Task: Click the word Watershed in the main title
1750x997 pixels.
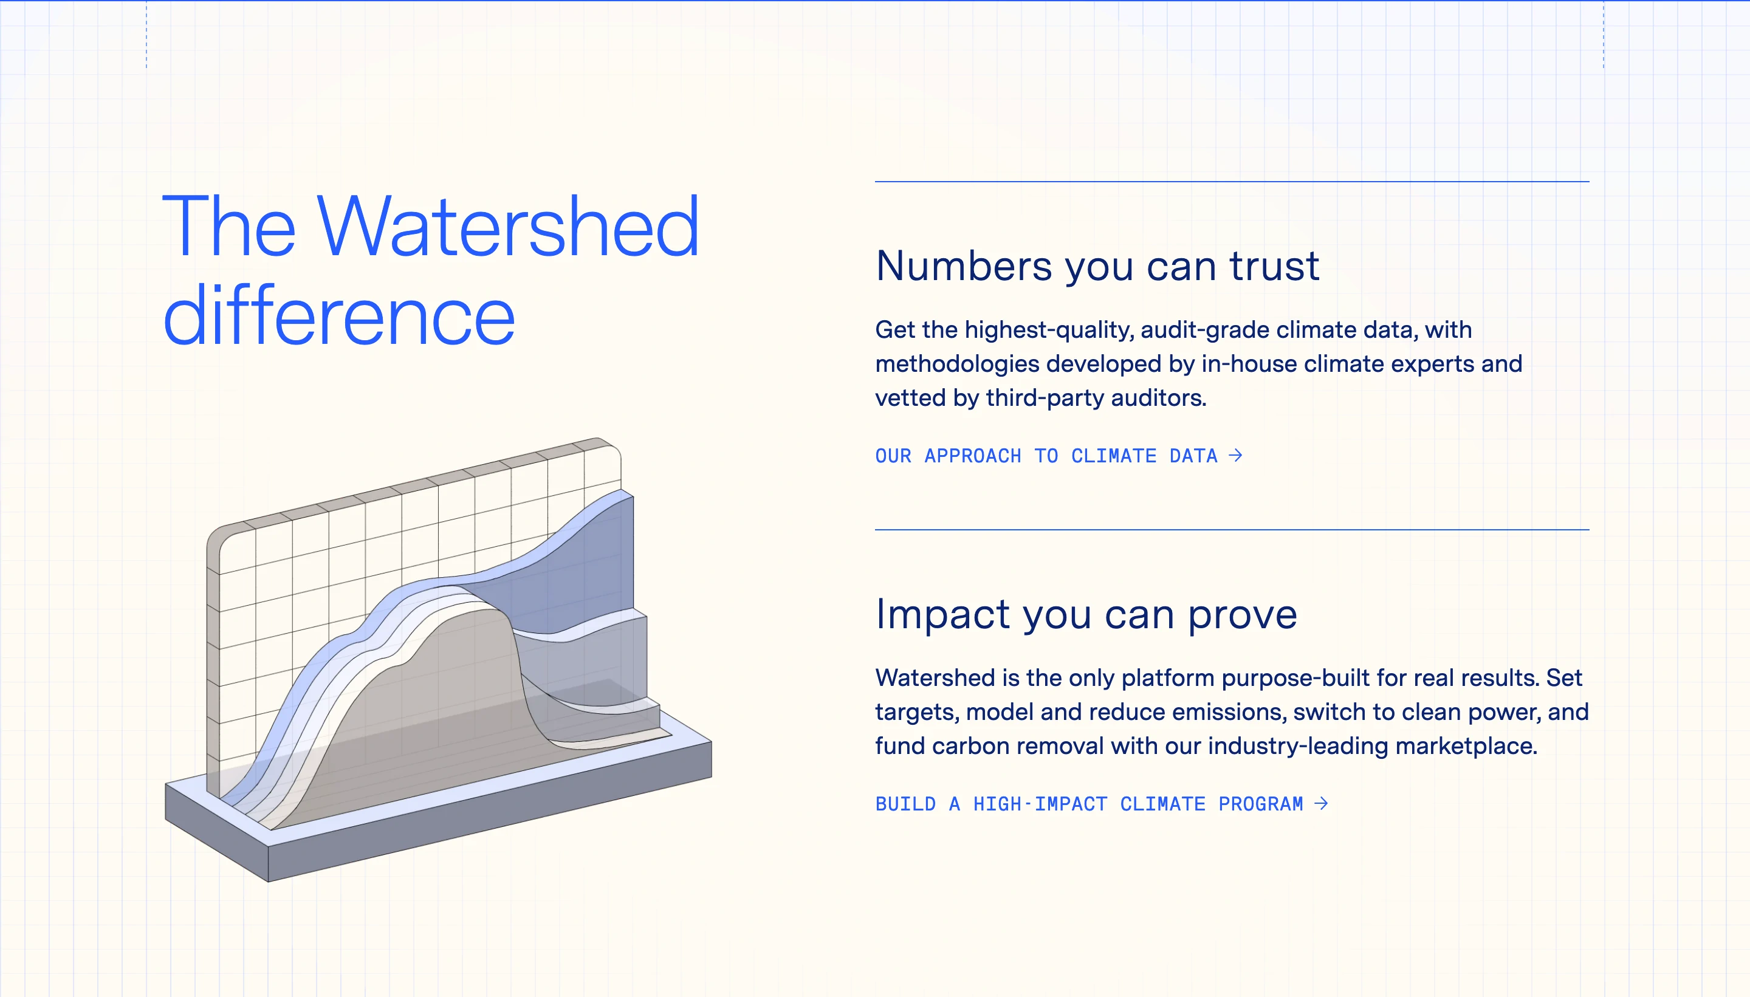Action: [508, 227]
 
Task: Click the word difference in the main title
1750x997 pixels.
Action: [339, 317]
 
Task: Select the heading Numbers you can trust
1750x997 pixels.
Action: [1097, 266]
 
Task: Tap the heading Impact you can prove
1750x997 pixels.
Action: [1086, 614]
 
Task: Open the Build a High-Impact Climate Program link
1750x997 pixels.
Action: [1089, 804]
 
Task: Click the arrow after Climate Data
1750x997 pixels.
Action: [1235, 455]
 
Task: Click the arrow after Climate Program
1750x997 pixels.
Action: [1321, 803]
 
